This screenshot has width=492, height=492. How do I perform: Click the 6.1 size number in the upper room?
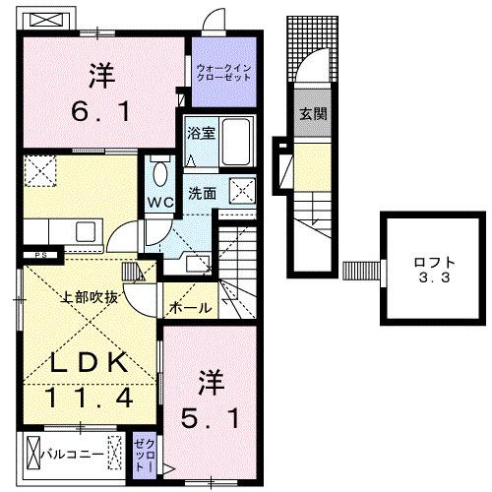pos(100,112)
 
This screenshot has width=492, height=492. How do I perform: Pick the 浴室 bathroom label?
pos(200,133)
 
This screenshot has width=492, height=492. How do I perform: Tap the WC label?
pos(159,203)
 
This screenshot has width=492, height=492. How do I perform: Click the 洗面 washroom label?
pos(204,193)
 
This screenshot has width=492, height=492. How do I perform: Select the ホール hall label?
pos(190,308)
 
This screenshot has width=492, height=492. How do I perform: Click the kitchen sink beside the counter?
pos(88,232)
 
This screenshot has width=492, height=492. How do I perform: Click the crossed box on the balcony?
pos(116,455)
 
